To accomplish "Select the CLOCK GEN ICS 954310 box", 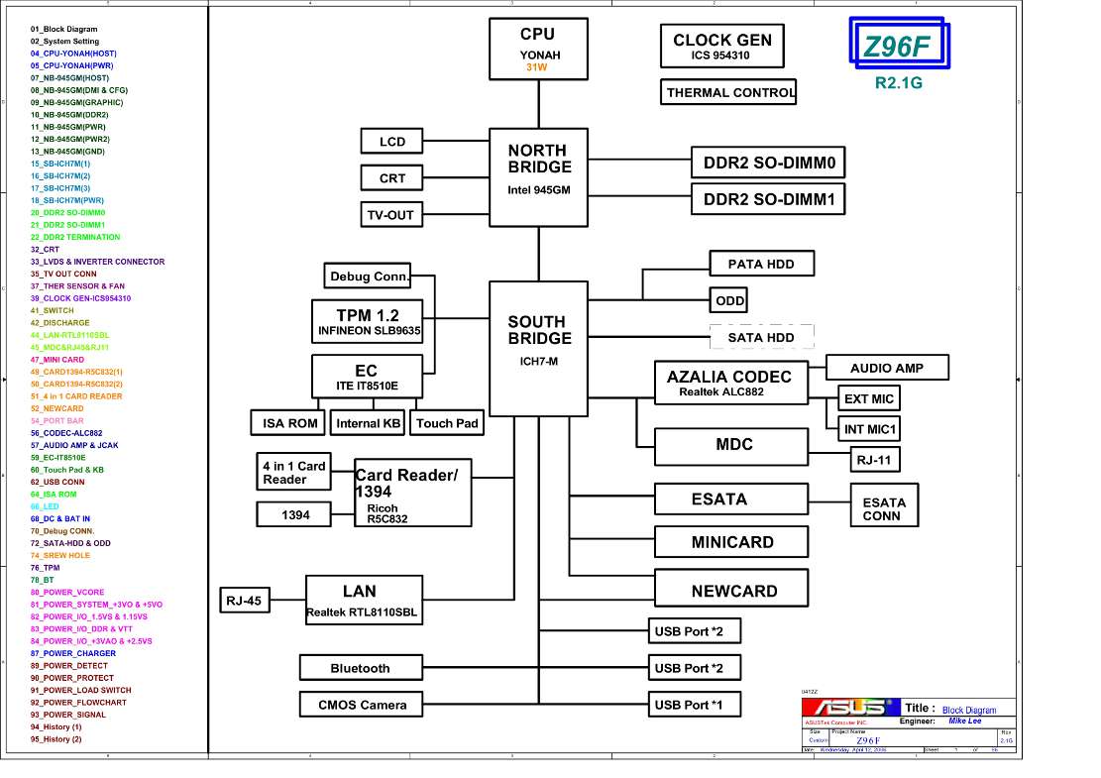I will [721, 47].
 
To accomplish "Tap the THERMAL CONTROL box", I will [729, 92].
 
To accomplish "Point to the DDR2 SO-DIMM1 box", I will [768, 199].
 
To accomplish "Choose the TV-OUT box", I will [391, 215].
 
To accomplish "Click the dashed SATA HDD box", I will [761, 337].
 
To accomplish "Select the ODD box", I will [729, 300].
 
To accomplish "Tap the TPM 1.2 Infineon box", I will [368, 322].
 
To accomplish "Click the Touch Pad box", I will [447, 423].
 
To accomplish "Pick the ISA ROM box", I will [289, 423].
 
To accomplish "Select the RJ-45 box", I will [246, 600].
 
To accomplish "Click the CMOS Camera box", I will [362, 705].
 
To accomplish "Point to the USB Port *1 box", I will [696, 705].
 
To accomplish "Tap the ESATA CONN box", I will [882, 508].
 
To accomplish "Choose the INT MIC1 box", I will [869, 429].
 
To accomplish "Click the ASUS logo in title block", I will [848, 708].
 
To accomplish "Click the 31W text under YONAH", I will [537, 68].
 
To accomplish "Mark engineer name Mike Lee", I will [964, 722].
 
